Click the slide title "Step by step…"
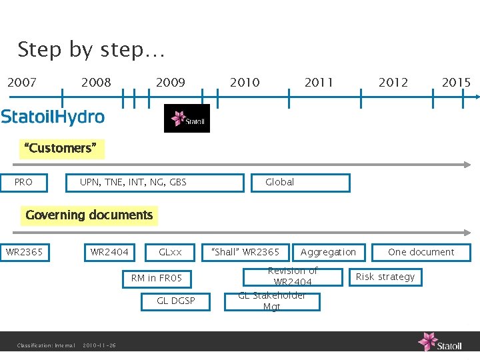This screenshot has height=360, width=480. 91,50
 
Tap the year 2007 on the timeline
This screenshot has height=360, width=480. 22,83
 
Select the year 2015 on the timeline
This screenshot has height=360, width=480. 456,83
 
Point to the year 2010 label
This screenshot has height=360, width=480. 245,83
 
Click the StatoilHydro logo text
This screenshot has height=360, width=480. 53,117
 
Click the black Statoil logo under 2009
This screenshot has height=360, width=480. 187,119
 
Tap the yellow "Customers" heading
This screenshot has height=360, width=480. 64,148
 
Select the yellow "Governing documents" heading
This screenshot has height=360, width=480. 89,215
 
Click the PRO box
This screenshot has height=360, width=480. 24,182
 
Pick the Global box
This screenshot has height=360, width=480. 299,182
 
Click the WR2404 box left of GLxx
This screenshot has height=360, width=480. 109,252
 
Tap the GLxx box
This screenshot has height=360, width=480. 171,252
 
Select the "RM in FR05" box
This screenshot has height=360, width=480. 157,278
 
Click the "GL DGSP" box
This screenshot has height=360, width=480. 176,301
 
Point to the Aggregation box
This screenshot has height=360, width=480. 328,252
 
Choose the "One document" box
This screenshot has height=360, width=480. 421,252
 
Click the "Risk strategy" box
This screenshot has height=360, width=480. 385,277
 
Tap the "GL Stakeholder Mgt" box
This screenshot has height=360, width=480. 280,302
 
